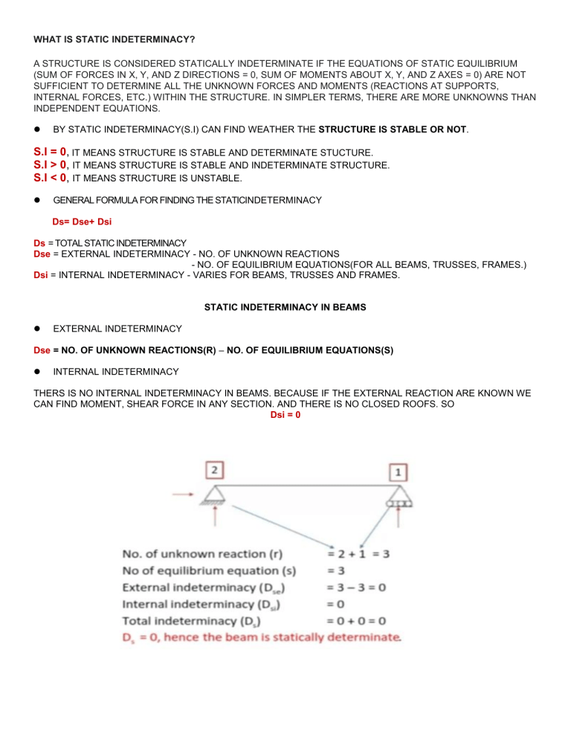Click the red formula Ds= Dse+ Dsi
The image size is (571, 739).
(x=83, y=222)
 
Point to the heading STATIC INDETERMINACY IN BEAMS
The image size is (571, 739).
(x=285, y=306)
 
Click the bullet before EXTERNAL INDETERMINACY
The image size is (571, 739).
(x=36, y=328)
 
